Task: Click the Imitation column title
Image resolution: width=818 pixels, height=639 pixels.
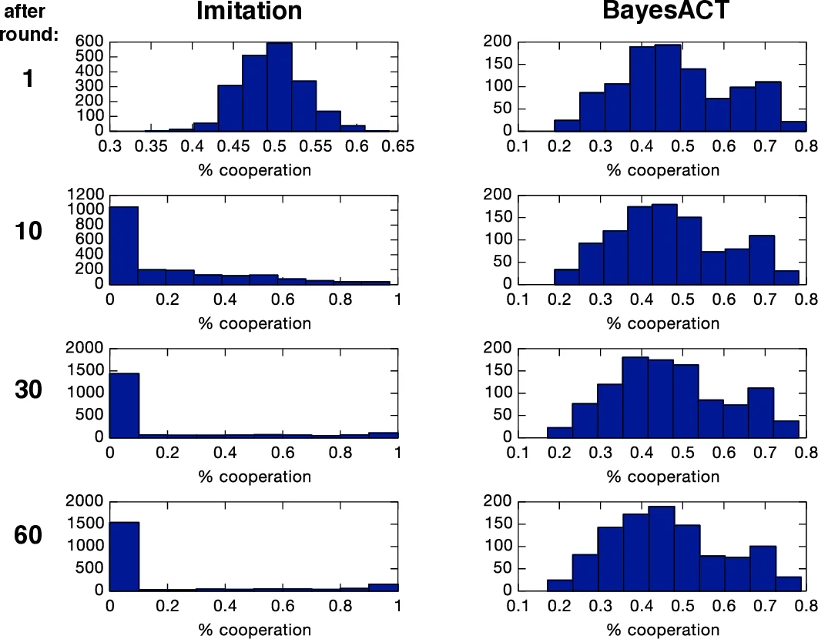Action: (x=249, y=12)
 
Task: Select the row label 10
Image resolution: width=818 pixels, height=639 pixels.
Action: (x=28, y=231)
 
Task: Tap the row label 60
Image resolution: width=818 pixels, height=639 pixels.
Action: (x=28, y=535)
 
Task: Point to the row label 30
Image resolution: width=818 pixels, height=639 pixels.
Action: (x=28, y=390)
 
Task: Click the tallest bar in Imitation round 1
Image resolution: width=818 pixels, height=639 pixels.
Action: (x=279, y=87)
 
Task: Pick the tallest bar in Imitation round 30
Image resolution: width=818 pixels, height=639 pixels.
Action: (x=124, y=405)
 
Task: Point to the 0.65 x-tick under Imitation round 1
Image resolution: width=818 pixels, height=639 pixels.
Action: (x=397, y=147)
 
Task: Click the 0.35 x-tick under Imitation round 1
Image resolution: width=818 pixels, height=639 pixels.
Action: (x=159, y=147)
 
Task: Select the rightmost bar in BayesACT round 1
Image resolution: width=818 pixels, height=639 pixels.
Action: (x=793, y=126)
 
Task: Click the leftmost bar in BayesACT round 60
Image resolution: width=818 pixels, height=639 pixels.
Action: (x=560, y=586)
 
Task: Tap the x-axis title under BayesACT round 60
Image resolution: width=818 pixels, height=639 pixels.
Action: (x=662, y=630)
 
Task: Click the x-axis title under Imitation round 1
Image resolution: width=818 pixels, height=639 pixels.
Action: (x=255, y=170)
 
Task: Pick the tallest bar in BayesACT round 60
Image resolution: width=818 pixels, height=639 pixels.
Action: (x=661, y=549)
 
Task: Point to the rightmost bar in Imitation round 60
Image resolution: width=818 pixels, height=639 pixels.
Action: (x=383, y=587)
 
